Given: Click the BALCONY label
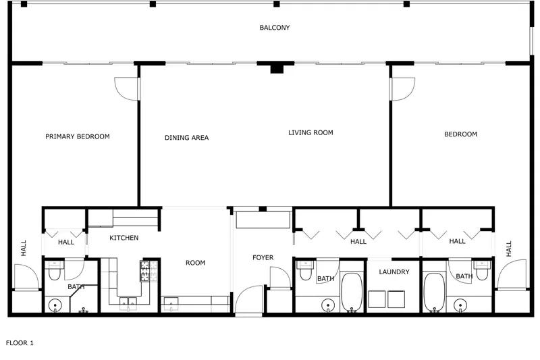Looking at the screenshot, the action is pyautogui.click(x=275, y=28).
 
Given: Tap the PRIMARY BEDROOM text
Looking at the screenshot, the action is pyautogui.click(x=78, y=136).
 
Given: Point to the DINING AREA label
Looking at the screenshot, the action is pyautogui.click(x=187, y=138).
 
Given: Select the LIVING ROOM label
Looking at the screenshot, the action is pyautogui.click(x=310, y=132).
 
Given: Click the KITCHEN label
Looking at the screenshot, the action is pyautogui.click(x=124, y=238).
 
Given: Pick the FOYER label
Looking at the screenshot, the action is pyautogui.click(x=263, y=257).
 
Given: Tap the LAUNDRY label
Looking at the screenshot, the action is pyautogui.click(x=394, y=272).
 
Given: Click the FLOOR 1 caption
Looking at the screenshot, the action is pyautogui.click(x=20, y=342).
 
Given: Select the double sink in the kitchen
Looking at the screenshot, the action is pyautogui.click(x=128, y=302).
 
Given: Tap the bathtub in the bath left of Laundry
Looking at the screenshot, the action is pyautogui.click(x=352, y=292).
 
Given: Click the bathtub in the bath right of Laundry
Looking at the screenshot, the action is pyautogui.click(x=434, y=292).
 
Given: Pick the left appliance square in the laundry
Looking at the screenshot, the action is pyautogui.click(x=377, y=299).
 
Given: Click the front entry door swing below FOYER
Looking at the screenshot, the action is pyautogui.click(x=248, y=299).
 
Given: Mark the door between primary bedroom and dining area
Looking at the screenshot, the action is pyautogui.click(x=127, y=89).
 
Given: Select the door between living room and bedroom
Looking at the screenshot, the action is pyautogui.click(x=402, y=89).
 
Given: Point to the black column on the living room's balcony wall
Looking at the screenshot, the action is pyautogui.click(x=277, y=68).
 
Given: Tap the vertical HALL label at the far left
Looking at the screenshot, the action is pyautogui.click(x=24, y=248).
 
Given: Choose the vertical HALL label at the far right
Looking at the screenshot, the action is pyautogui.click(x=509, y=249).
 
